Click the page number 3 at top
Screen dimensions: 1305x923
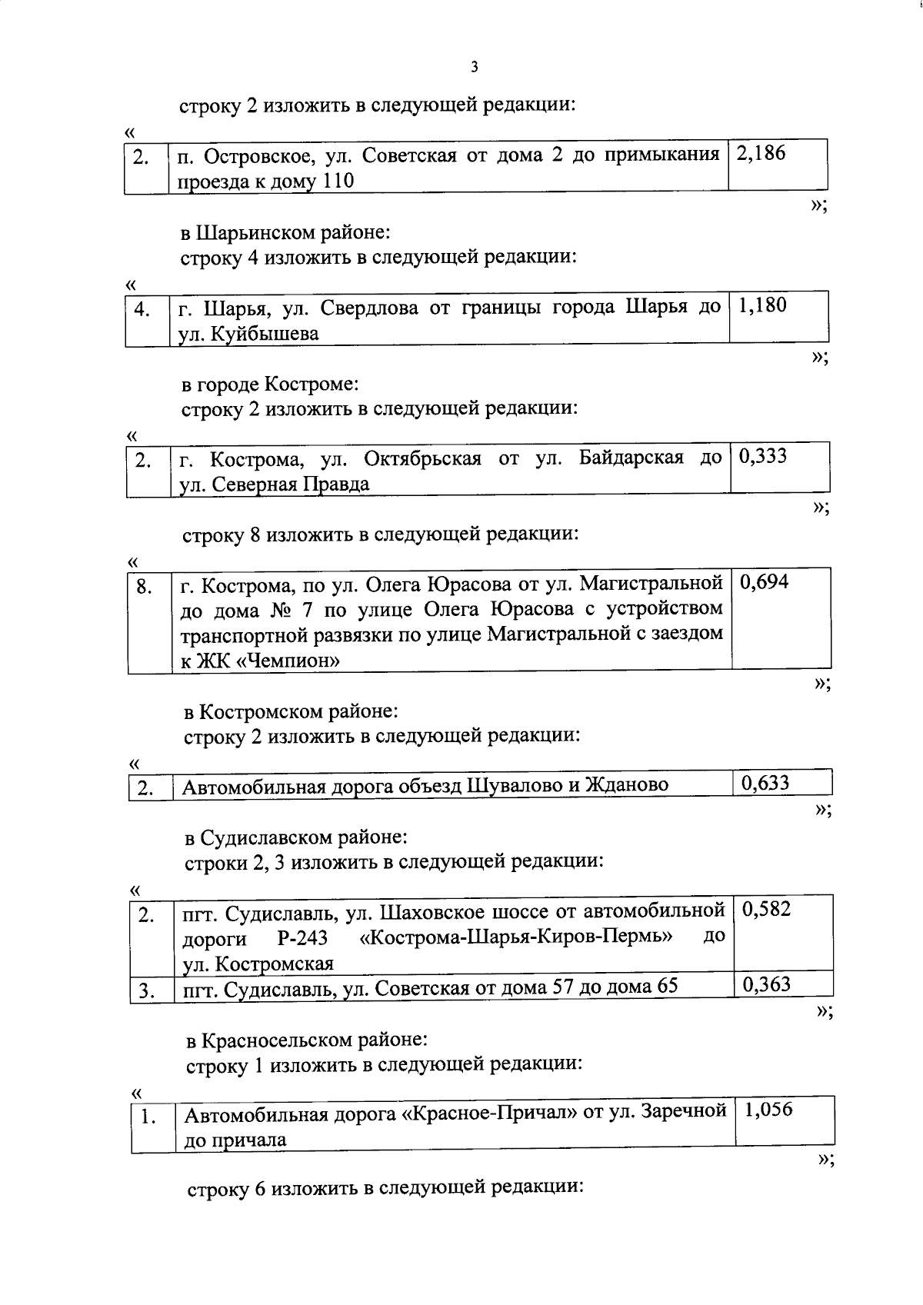[474, 68]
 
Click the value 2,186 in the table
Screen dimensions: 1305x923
[761, 153]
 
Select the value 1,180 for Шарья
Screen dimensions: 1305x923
[762, 305]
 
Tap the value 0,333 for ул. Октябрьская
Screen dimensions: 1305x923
[763, 456]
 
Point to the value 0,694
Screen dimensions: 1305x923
[764, 581]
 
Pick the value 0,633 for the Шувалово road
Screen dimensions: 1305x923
[765, 783]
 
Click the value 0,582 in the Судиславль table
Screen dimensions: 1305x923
[767, 909]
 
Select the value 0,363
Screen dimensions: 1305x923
[766, 984]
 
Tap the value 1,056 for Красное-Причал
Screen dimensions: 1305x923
[768, 1110]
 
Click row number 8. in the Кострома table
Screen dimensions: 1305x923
[144, 588]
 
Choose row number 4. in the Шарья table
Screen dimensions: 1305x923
[142, 310]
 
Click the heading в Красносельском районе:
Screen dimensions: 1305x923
[306, 1040]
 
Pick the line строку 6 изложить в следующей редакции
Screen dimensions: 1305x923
[385, 1188]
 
